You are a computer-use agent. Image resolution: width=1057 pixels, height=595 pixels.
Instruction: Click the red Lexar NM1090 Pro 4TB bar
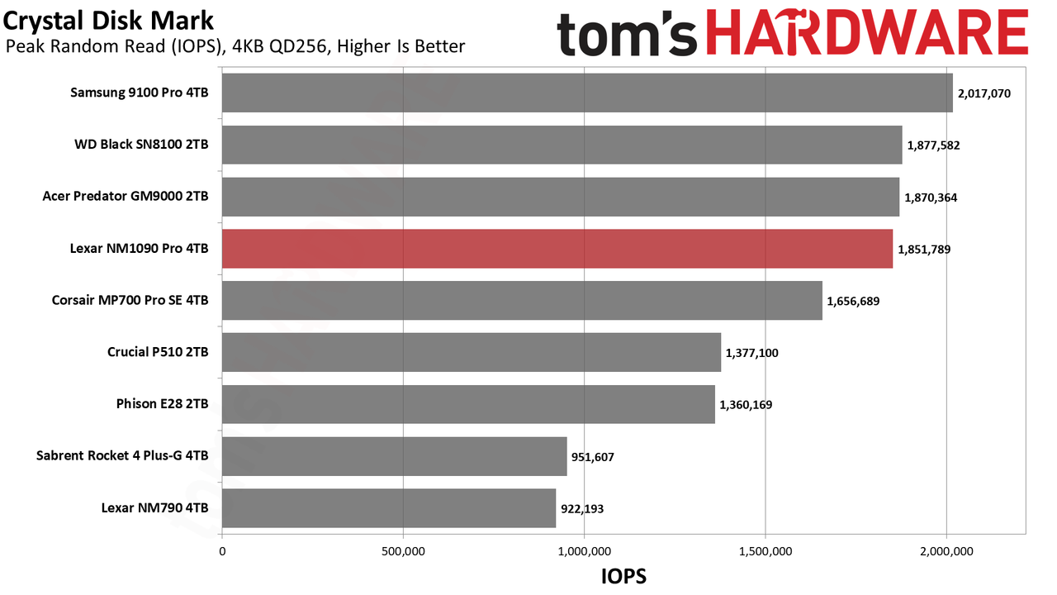pos(557,249)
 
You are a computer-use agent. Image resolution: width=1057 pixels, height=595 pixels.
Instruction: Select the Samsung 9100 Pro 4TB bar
pos(587,93)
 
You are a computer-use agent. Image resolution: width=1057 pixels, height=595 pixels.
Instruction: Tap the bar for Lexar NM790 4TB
pos(389,508)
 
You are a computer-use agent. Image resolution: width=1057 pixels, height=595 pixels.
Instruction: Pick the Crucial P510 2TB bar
pos(472,352)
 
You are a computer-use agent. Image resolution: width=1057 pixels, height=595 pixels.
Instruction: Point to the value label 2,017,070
pos(984,93)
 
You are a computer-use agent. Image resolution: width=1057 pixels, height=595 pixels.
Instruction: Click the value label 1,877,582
pos(933,145)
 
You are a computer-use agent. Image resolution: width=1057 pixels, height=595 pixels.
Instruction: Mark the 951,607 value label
pos(593,457)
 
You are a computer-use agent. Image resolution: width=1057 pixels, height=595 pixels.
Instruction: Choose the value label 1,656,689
pos(853,302)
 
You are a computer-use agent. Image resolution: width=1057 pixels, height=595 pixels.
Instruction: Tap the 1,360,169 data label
pos(746,405)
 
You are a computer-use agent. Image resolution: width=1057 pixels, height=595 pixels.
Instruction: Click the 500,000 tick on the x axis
pos(403,551)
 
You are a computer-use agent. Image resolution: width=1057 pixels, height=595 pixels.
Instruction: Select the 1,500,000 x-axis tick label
pos(765,551)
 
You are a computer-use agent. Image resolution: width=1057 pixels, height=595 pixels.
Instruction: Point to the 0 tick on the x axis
pos(222,551)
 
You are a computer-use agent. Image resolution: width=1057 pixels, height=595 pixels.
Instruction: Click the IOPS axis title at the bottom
pos(623,576)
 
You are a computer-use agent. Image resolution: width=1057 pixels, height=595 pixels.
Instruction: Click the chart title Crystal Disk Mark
pos(108,21)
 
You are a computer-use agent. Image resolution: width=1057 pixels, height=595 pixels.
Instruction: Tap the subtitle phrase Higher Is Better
pos(401,46)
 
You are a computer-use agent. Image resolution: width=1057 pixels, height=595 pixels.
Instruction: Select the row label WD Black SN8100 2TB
pos(141,145)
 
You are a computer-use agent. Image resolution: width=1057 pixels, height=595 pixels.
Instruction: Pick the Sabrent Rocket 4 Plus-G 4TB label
pos(122,455)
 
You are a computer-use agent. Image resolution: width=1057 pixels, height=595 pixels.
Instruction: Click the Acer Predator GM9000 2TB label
pos(126,197)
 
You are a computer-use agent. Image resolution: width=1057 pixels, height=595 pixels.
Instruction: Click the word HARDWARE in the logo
pos(867,33)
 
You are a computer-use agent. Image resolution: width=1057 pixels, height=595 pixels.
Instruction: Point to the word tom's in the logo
pos(628,34)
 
